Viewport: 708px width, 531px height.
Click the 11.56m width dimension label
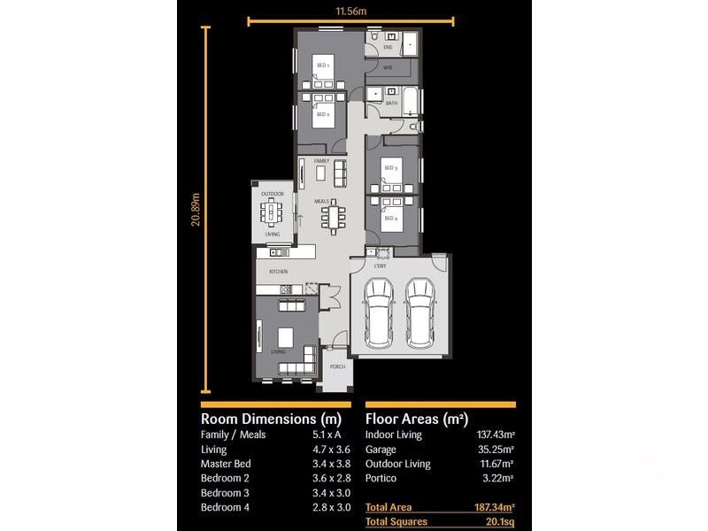click(x=351, y=12)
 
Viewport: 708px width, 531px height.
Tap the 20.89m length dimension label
click(x=196, y=209)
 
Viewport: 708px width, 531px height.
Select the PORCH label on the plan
click(x=337, y=366)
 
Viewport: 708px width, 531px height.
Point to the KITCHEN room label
click(x=280, y=272)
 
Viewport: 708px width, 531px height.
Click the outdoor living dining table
click(x=273, y=213)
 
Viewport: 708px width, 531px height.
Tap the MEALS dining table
click(x=335, y=216)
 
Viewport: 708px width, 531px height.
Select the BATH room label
click(x=391, y=103)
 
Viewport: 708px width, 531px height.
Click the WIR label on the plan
click(x=388, y=67)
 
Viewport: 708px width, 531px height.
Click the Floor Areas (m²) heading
click(x=417, y=419)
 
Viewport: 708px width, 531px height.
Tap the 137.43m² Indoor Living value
click(x=496, y=435)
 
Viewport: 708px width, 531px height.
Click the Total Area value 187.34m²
click(x=495, y=508)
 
